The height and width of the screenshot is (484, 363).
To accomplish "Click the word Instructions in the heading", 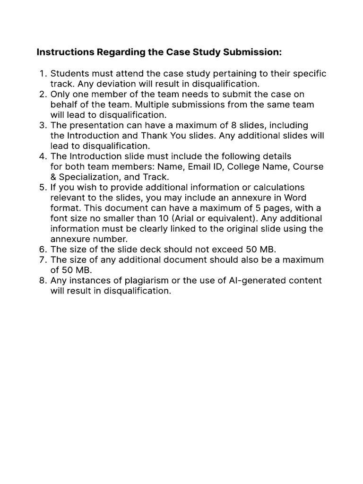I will (65, 52).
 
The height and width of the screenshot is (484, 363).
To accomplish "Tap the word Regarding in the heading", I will (119, 52).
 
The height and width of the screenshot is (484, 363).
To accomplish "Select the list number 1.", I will (43, 74).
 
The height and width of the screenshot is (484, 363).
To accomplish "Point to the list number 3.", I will (43, 125).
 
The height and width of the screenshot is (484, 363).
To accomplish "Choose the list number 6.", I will (43, 250).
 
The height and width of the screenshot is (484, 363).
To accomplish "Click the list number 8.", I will (43, 281).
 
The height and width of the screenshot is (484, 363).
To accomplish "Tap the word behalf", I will (64, 105).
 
